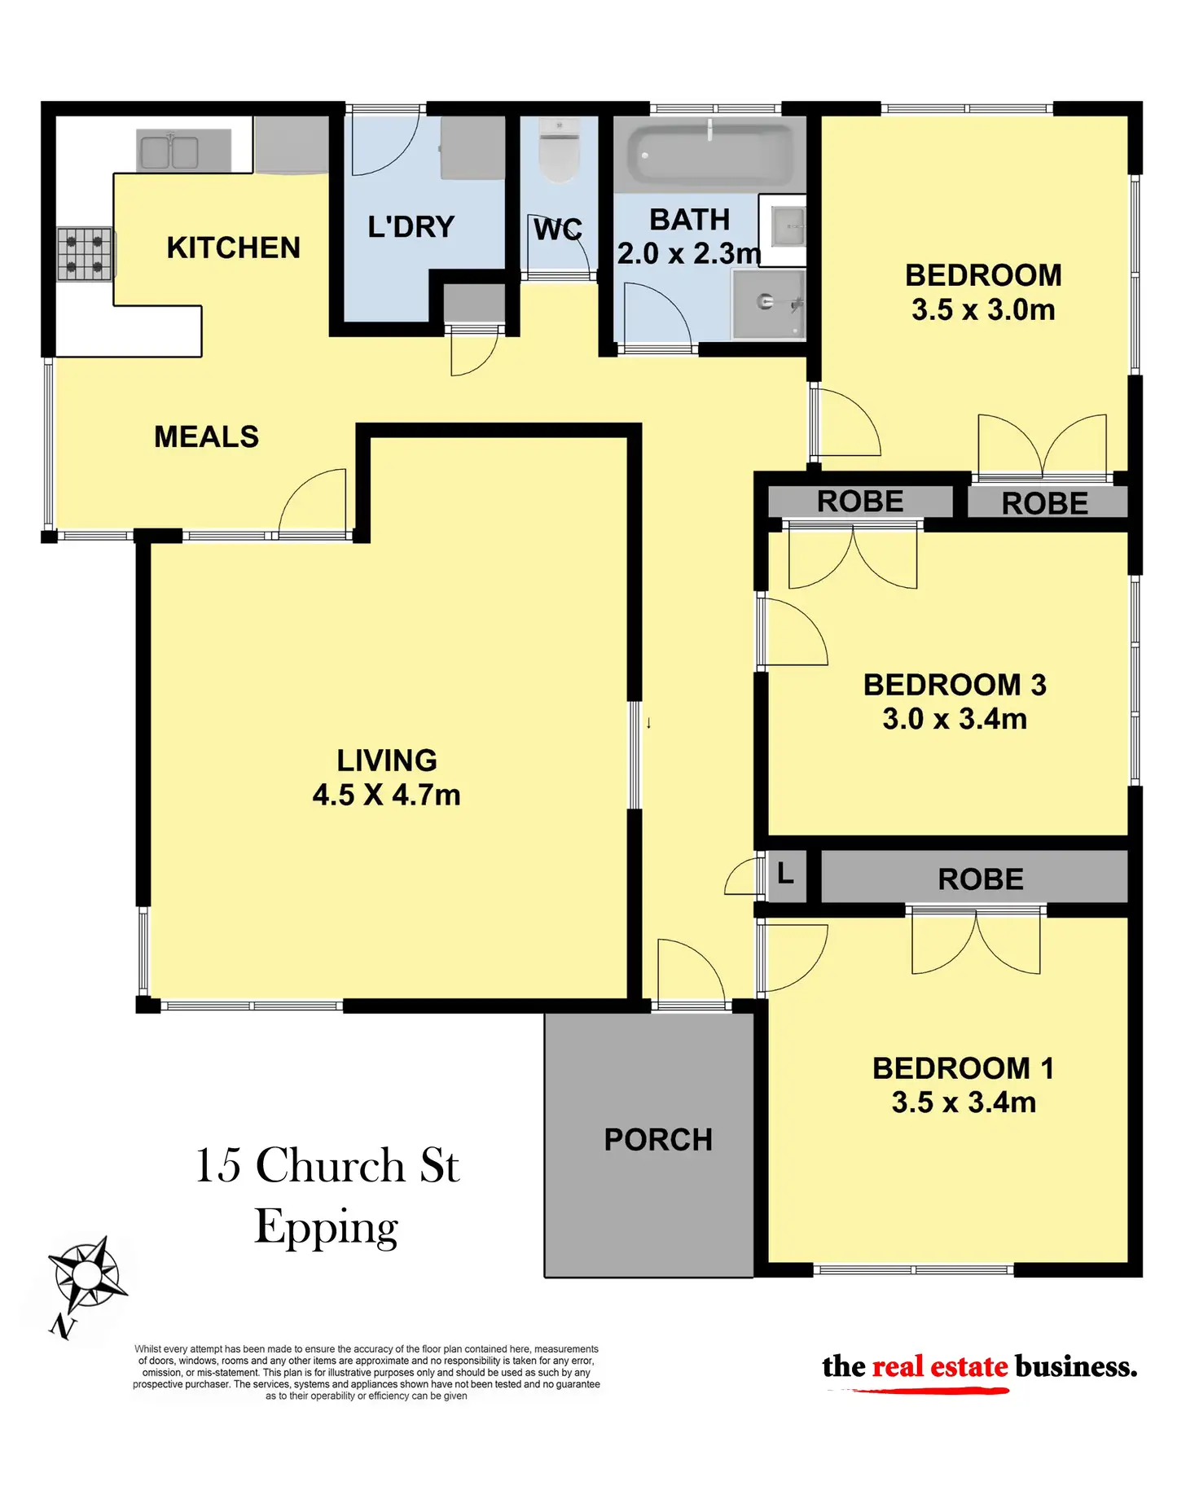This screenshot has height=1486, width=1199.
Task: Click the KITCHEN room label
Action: click(233, 248)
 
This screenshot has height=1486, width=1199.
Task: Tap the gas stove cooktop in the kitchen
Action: click(86, 254)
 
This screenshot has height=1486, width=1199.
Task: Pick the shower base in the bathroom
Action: click(768, 304)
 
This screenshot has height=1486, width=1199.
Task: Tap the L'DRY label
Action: click(411, 226)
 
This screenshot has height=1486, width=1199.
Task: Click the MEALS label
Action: click(207, 437)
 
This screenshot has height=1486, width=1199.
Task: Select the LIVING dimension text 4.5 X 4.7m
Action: click(387, 795)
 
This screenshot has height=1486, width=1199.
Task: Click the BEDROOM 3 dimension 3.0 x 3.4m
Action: click(955, 719)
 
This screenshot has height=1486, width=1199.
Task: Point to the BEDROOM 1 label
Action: click(964, 1068)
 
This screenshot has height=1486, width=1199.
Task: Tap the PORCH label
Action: click(658, 1140)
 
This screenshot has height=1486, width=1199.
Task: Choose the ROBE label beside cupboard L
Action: click(981, 879)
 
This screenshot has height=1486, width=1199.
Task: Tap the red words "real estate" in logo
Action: click(940, 1366)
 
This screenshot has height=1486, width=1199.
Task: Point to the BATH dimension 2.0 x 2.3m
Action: click(689, 253)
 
